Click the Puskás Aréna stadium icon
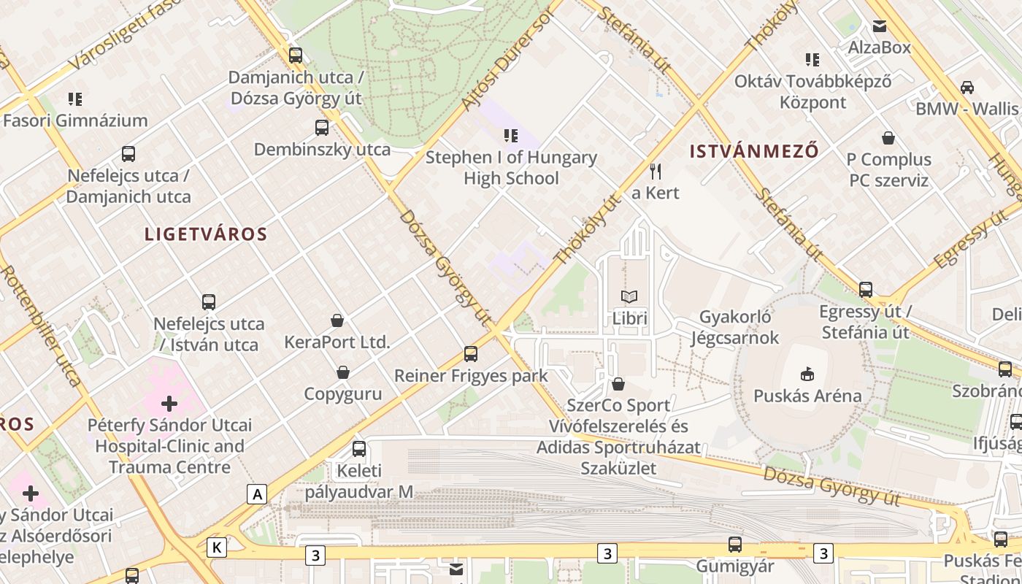click(x=807, y=374)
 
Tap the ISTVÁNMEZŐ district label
click(x=754, y=152)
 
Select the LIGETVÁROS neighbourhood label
click(x=206, y=234)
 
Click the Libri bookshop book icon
click(x=629, y=297)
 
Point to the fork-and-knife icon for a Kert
click(x=656, y=172)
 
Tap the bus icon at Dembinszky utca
click(x=322, y=128)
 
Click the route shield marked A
click(x=257, y=494)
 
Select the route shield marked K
click(x=216, y=547)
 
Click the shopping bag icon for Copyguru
click(x=343, y=373)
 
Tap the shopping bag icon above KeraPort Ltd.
click(x=337, y=320)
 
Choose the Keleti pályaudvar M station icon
click(x=359, y=449)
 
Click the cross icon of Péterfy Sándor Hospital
click(x=169, y=403)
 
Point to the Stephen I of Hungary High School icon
click(x=511, y=135)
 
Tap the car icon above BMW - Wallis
click(x=967, y=88)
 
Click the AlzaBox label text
click(x=879, y=47)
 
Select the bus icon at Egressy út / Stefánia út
click(x=866, y=290)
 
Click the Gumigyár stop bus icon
click(x=735, y=545)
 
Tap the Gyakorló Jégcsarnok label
click(x=735, y=328)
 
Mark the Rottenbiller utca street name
click(x=40, y=325)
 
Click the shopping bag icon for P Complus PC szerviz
click(x=888, y=138)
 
